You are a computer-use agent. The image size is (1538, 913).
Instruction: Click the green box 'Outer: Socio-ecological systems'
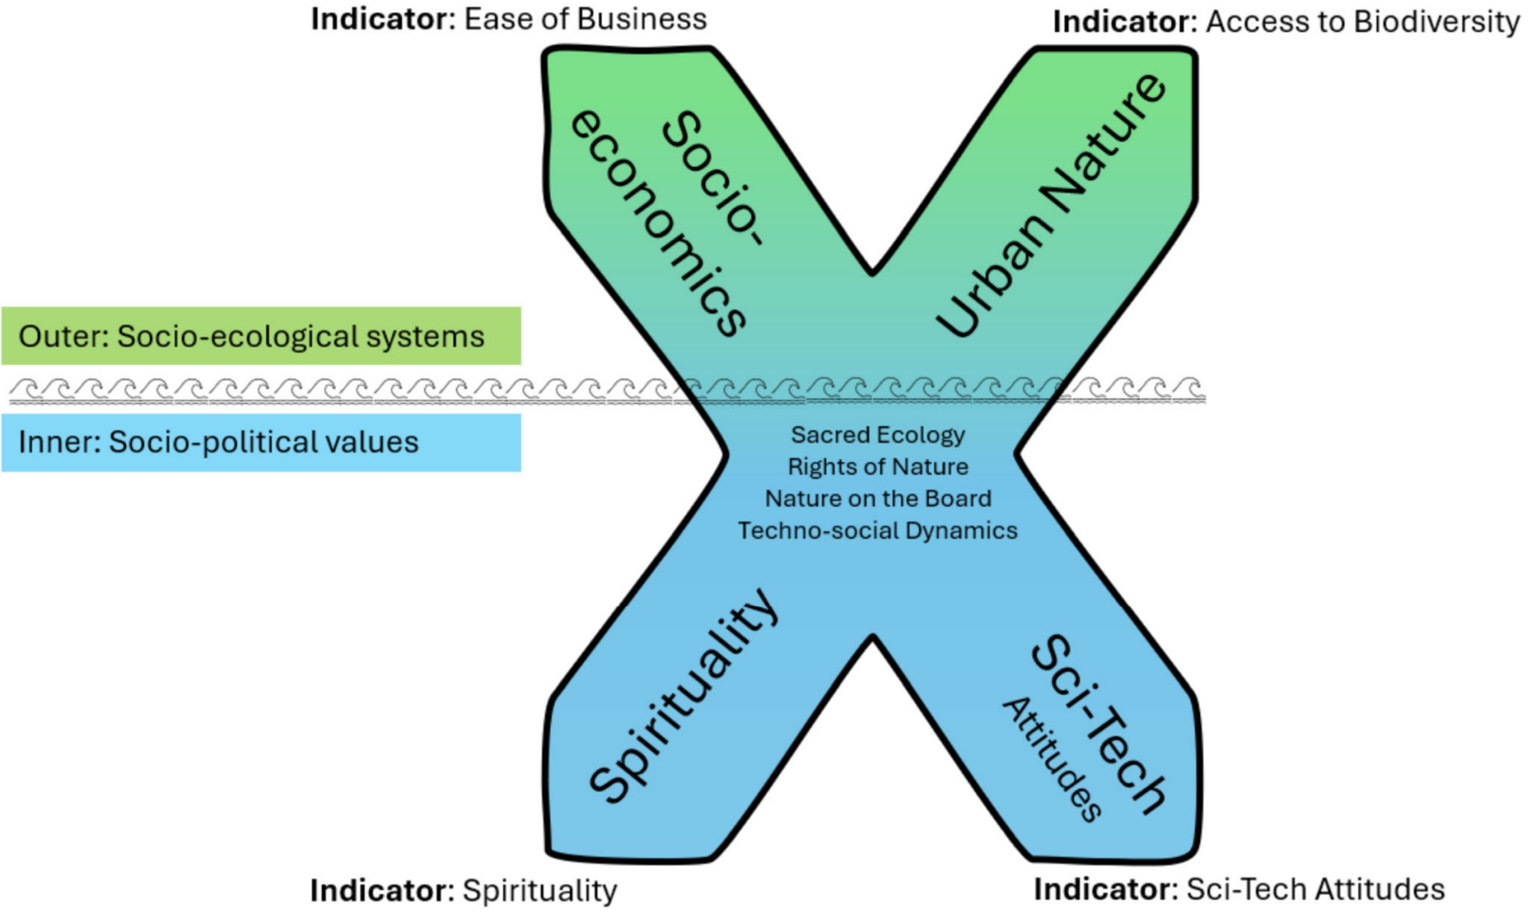coord(260,336)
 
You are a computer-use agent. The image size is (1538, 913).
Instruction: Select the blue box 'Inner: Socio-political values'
coord(260,443)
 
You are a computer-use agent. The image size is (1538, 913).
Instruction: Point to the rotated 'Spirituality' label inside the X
coord(683,696)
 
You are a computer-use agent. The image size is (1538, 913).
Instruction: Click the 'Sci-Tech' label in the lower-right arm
coord(1099,725)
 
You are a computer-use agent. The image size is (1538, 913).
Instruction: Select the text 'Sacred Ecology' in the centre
coord(877,435)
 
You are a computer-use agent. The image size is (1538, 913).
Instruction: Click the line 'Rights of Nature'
coord(877,467)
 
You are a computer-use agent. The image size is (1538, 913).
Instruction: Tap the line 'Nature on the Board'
coord(877,499)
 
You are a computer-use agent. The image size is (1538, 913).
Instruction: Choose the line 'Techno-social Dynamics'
coord(877,531)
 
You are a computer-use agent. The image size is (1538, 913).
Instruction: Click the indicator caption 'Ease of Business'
coord(585,19)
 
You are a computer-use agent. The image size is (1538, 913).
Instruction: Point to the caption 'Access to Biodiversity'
coord(1362,22)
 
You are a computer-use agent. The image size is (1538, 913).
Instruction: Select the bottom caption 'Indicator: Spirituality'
coord(463,890)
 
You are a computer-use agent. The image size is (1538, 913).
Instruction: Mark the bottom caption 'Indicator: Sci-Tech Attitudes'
coord(1238,889)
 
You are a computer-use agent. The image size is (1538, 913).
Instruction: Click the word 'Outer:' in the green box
coord(63,337)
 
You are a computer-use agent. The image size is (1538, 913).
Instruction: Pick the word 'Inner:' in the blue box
coord(60,443)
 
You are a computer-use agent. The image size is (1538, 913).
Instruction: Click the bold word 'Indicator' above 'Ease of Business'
coord(381,19)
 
